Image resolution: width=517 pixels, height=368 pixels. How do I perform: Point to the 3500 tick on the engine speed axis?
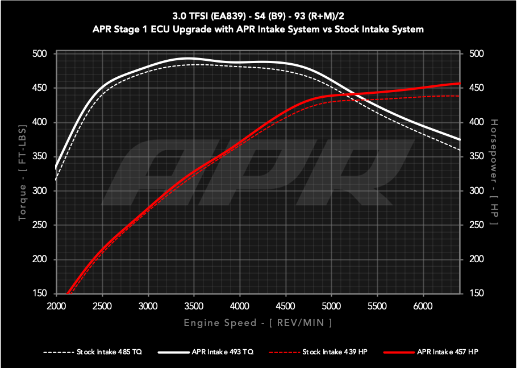pos(194,306)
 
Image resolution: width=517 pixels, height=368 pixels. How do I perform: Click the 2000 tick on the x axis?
pos(56,306)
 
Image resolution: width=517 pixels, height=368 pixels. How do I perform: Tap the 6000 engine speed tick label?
pos(423,306)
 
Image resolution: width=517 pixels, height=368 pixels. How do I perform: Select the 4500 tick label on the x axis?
pos(286,306)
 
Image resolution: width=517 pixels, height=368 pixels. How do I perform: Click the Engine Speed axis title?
pos(258,323)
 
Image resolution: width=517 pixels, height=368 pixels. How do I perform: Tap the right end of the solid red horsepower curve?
pos(460,84)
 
